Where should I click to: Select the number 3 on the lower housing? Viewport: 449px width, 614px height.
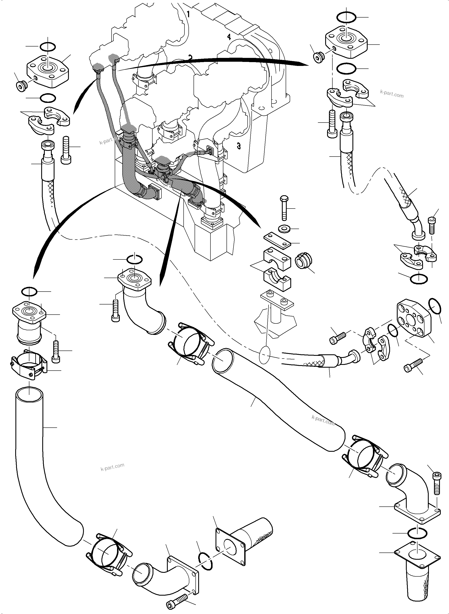(239, 146)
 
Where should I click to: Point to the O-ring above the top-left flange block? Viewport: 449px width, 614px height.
(48, 47)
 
